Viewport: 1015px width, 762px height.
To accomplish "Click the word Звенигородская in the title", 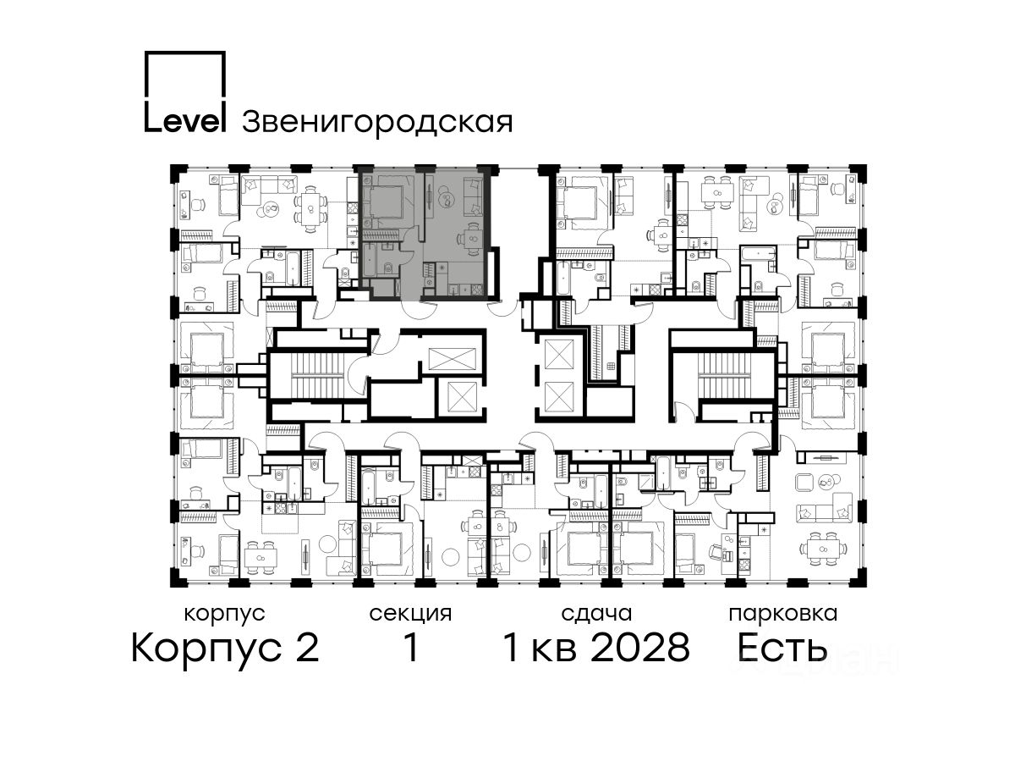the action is click(x=377, y=123).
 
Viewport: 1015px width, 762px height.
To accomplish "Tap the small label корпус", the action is click(x=224, y=615).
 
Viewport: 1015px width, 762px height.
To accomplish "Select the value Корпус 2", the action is click(x=225, y=649).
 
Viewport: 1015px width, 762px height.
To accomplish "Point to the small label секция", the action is click(x=410, y=614).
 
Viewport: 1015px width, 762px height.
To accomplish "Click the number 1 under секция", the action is click(x=411, y=648).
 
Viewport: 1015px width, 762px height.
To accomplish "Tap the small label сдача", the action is click(x=596, y=614).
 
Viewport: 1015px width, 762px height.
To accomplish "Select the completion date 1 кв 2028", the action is click(x=596, y=648).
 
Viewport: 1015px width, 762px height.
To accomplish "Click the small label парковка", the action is click(x=783, y=614).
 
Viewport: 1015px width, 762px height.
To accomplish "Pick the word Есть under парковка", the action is click(x=782, y=648).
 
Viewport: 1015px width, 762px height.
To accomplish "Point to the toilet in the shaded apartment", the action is click(x=389, y=267).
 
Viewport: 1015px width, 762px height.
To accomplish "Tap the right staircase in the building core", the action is click(x=722, y=375).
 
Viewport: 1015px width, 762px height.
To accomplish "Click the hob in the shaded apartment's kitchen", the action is click(x=477, y=290).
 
